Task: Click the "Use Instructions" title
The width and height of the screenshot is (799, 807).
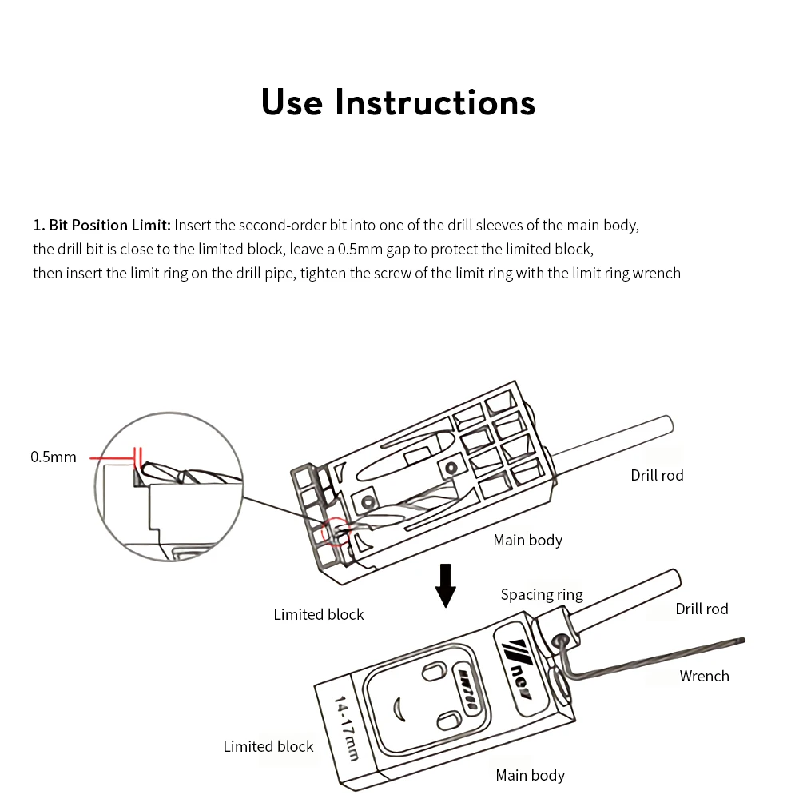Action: pos(398,102)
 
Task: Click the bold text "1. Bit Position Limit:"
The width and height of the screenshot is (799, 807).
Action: pos(101,225)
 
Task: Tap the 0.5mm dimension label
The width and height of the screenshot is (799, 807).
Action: pos(54,457)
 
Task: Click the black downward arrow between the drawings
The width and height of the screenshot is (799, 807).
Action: pos(445,585)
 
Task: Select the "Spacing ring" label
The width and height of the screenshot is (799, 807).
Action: pos(542,595)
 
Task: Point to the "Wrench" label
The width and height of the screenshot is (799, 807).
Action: pos(705,676)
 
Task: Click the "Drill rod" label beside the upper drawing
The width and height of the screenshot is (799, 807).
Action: pos(657,475)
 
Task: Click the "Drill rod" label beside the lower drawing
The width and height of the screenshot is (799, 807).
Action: pos(702,609)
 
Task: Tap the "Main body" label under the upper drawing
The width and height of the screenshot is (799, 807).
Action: pos(528,541)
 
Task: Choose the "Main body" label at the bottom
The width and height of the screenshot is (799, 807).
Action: pos(530,775)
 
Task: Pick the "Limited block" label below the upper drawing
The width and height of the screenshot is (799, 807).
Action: pos(319,614)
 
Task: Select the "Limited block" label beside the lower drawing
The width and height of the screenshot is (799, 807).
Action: pos(268,746)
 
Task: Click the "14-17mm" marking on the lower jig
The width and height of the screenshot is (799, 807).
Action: pos(346,728)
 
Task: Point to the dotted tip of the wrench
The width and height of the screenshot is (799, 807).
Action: pos(741,641)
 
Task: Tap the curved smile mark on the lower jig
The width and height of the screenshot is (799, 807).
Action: pos(397,711)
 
